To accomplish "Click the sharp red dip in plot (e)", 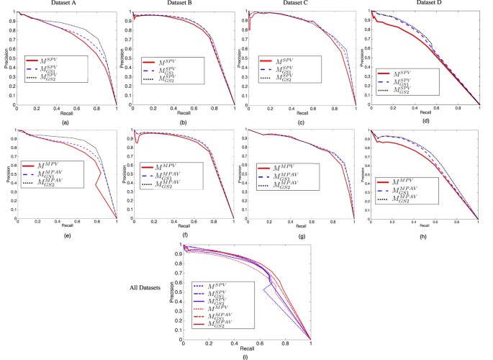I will (x=96, y=186).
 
